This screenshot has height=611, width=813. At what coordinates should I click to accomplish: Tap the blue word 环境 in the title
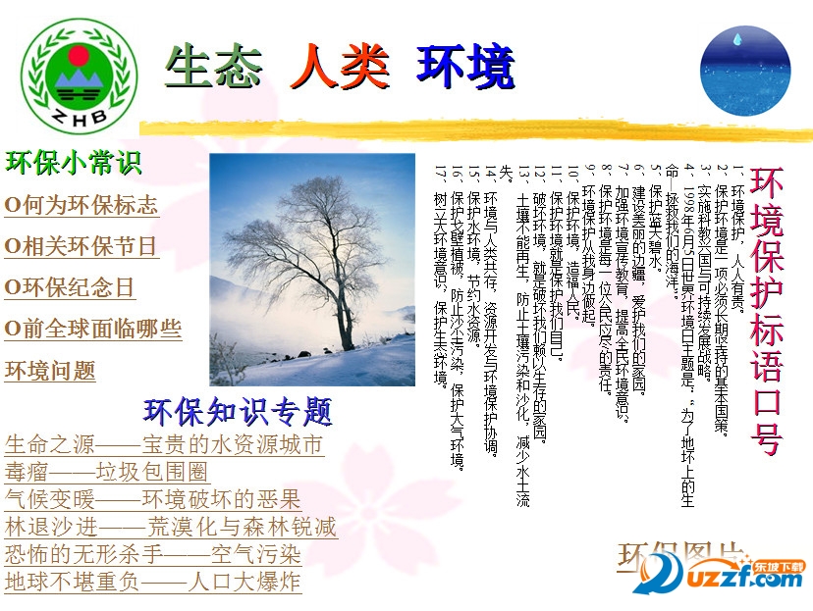(x=465, y=66)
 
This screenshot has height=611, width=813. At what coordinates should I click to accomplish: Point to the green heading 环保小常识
(x=74, y=163)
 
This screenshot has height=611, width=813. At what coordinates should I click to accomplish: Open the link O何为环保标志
(x=81, y=206)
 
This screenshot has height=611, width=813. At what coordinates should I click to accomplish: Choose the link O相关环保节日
(x=81, y=246)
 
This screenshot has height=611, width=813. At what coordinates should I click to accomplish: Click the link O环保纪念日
(x=70, y=287)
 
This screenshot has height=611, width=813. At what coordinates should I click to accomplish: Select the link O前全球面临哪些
(x=93, y=329)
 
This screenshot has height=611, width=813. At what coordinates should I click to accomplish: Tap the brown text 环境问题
(x=50, y=371)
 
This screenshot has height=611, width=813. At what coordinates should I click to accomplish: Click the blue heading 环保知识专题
(x=238, y=411)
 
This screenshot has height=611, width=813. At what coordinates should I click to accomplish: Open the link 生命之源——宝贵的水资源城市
(x=164, y=445)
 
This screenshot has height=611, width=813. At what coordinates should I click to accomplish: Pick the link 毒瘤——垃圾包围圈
(x=107, y=472)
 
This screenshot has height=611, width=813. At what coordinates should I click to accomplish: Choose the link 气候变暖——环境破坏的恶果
(x=152, y=499)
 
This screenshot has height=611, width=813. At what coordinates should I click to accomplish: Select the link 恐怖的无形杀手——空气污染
(x=152, y=554)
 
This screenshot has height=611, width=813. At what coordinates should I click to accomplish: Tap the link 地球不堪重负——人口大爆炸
(x=152, y=582)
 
